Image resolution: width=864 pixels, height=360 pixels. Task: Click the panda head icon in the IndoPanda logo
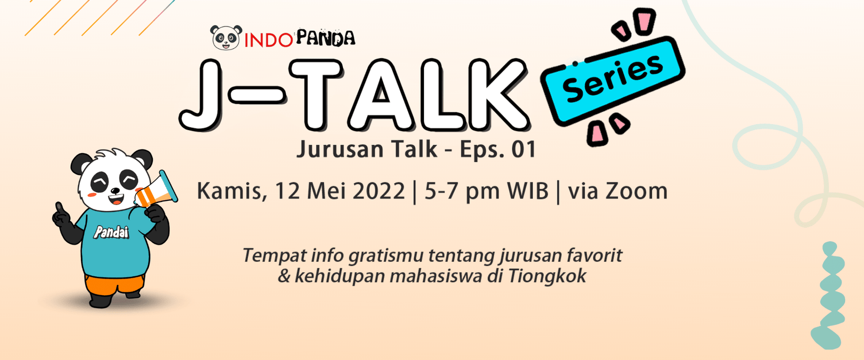[226, 37]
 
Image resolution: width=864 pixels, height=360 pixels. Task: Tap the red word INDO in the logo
[268, 40]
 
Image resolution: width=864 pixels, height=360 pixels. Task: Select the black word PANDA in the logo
[325, 38]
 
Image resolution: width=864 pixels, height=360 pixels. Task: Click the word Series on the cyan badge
[612, 79]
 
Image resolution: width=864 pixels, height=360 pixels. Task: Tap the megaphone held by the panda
[156, 191]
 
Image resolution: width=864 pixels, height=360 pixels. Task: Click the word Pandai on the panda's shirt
[111, 233]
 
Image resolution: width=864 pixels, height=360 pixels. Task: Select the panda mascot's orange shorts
[114, 284]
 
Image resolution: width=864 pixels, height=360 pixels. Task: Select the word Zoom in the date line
[637, 191]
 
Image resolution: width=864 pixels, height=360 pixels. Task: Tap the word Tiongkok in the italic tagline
[547, 276]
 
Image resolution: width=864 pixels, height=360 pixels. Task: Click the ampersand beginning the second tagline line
[284, 276]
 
